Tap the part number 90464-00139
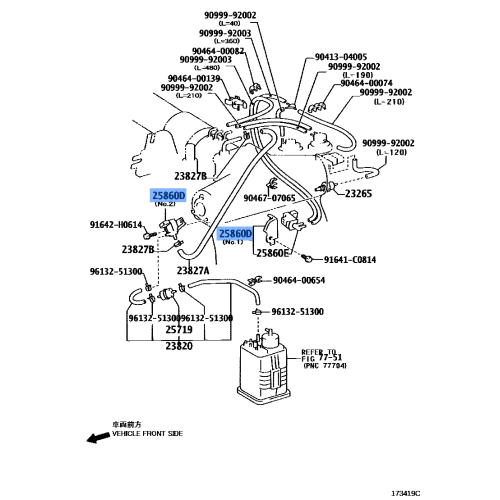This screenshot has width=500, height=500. point(195,78)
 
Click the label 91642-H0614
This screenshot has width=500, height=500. point(116,226)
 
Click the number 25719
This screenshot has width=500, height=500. point(179,329)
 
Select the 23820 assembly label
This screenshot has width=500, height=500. point(179,345)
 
